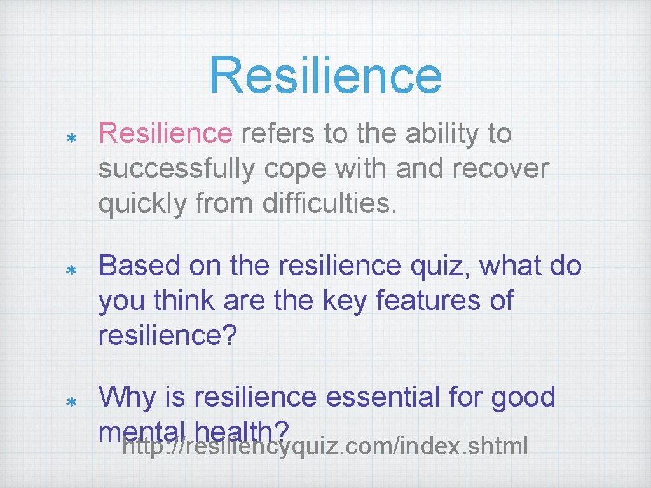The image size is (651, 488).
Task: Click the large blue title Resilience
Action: tap(325, 74)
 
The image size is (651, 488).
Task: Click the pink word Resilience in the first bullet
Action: tap(166, 133)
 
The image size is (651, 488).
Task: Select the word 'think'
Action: tap(183, 301)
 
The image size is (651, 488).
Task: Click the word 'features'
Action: tap(423, 301)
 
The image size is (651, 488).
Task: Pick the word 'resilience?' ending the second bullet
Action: tap(167, 336)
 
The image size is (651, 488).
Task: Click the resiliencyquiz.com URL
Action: tap(325, 447)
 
